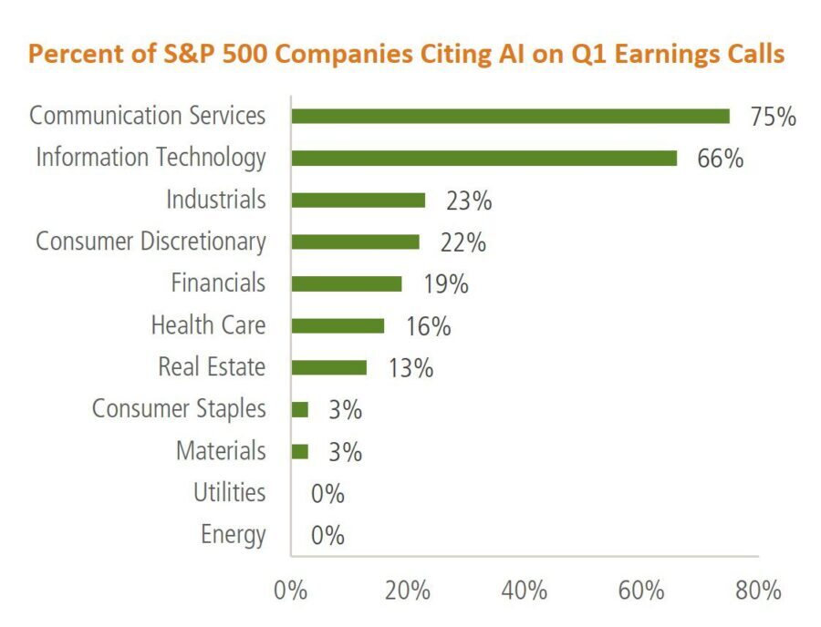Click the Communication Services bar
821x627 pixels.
click(x=510, y=116)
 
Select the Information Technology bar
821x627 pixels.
click(x=483, y=158)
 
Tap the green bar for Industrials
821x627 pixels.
click(x=358, y=200)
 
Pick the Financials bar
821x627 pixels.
click(x=346, y=283)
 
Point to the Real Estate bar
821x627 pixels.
click(x=328, y=367)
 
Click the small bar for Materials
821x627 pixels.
click(x=299, y=451)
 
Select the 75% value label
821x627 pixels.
click(x=773, y=117)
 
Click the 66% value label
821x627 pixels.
click(x=720, y=159)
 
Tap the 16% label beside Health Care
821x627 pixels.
click(x=428, y=326)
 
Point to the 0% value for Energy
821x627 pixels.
click(x=327, y=535)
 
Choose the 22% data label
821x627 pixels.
click(x=462, y=242)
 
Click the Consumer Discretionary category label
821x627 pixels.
click(x=151, y=242)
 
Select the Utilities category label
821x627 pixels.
click(x=229, y=493)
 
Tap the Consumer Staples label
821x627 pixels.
click(x=179, y=409)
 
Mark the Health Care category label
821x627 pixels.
click(x=208, y=325)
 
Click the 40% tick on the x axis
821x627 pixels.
click(x=525, y=590)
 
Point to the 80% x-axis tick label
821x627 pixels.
click(x=758, y=590)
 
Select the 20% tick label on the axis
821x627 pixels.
click(x=407, y=590)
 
